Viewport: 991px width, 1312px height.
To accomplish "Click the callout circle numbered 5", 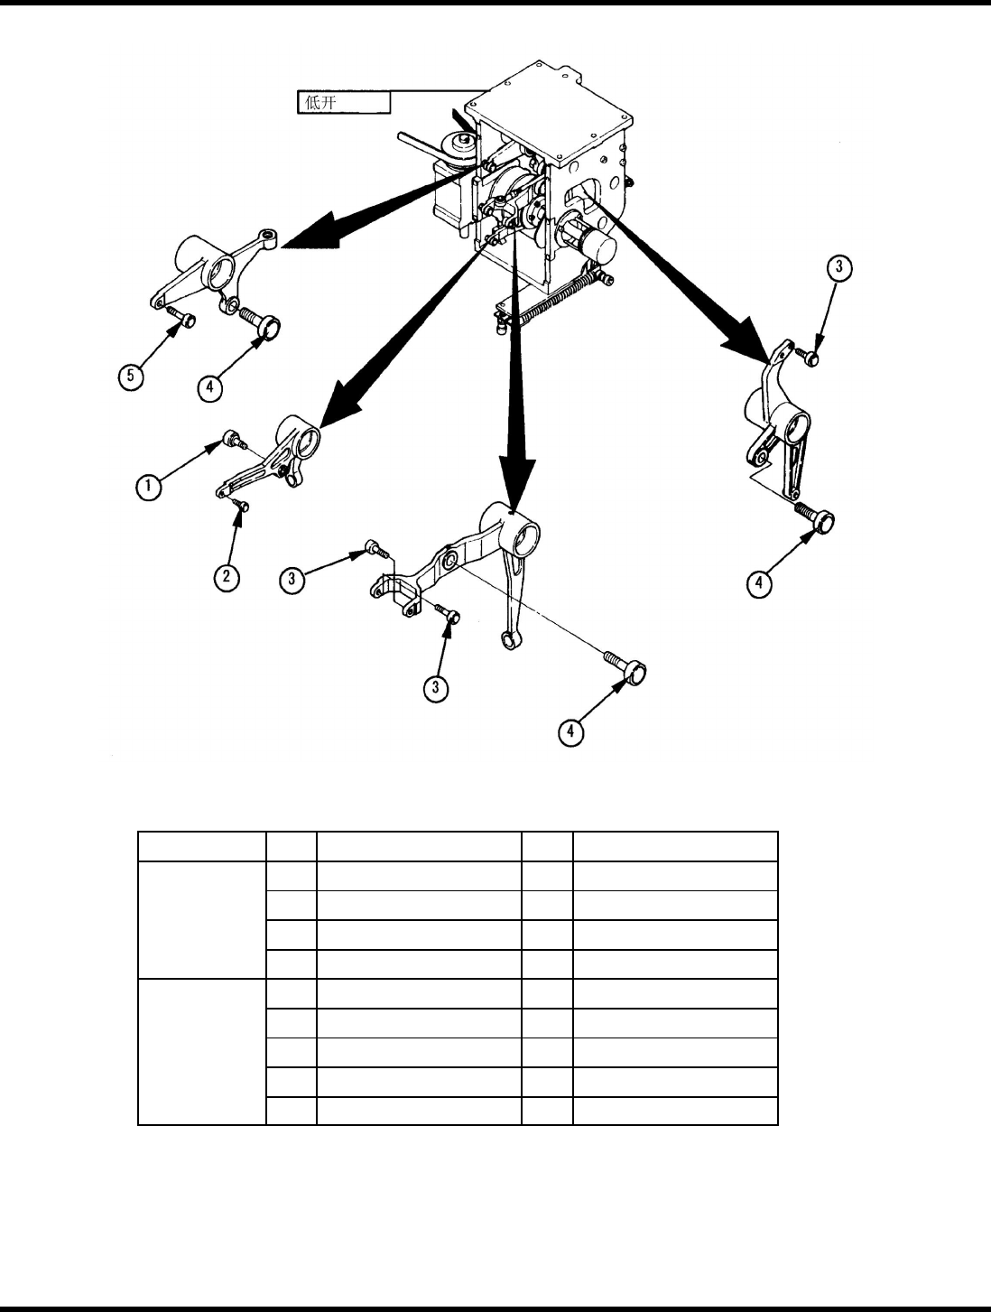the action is (x=134, y=376).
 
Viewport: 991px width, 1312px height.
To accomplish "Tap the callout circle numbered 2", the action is (x=226, y=576).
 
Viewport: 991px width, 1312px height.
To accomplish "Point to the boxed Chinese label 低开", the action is (x=344, y=102).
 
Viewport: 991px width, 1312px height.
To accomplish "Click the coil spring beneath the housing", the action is (x=550, y=298).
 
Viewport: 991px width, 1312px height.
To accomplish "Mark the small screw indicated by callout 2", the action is (x=241, y=504).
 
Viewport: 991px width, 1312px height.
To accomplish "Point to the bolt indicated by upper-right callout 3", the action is (x=810, y=358).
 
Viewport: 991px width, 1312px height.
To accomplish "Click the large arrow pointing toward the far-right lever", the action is (x=686, y=280).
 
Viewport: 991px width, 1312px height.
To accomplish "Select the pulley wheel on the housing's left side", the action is (x=462, y=149).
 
